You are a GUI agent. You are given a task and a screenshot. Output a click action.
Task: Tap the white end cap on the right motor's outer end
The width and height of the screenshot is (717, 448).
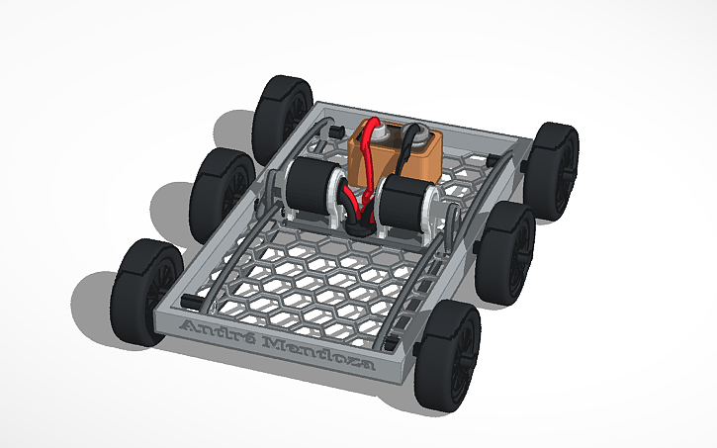[x=430, y=210]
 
